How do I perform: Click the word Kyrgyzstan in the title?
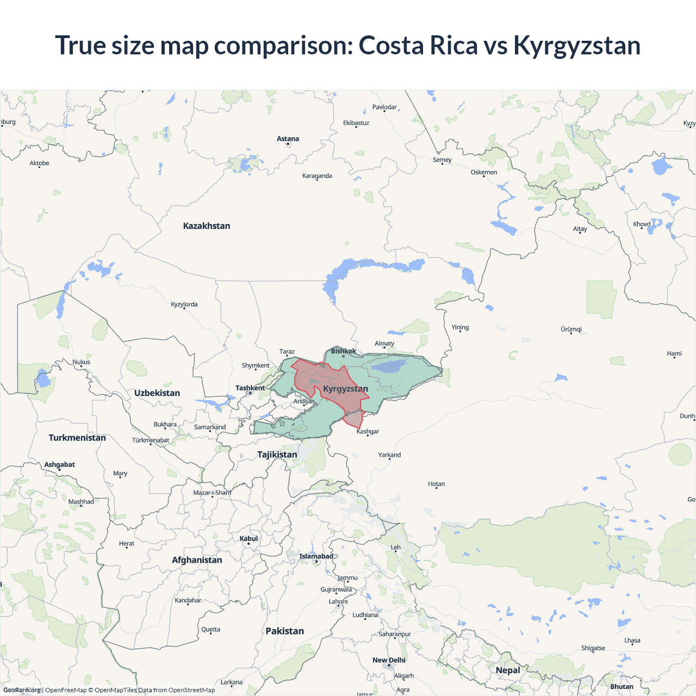click(x=577, y=45)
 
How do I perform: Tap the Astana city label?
click(x=288, y=139)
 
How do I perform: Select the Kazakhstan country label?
click(x=207, y=226)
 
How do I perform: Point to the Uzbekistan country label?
click(x=157, y=393)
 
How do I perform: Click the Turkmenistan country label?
click(x=77, y=438)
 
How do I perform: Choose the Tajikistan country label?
click(x=277, y=454)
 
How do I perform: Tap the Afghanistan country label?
click(x=197, y=560)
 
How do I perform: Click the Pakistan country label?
click(x=284, y=631)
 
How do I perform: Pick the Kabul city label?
click(x=248, y=538)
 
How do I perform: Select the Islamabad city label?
click(x=316, y=556)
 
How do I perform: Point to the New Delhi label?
click(x=389, y=660)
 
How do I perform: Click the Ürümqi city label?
click(x=571, y=329)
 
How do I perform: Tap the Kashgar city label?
click(x=368, y=431)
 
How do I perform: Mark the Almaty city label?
click(x=384, y=343)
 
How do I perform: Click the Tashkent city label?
click(x=250, y=388)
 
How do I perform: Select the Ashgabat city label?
click(x=60, y=464)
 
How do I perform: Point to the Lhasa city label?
click(x=632, y=640)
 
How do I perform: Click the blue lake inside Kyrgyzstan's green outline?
click(x=389, y=366)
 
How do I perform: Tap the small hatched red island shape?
click(x=354, y=419)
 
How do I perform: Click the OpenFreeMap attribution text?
click(x=66, y=690)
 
